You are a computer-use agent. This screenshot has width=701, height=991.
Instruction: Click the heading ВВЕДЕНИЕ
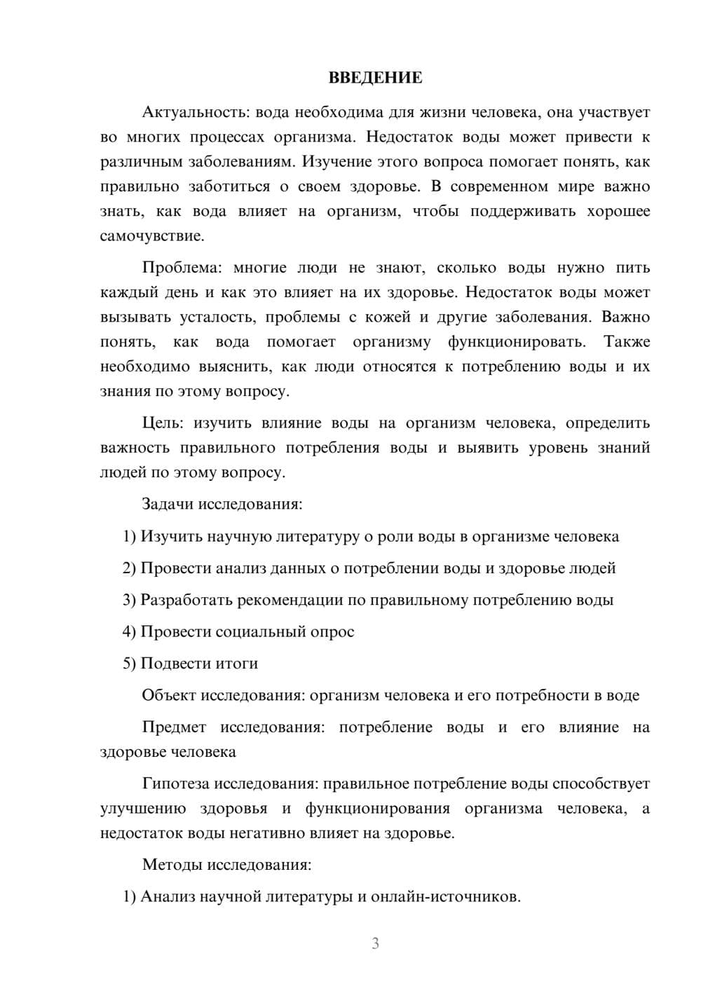pos(375,78)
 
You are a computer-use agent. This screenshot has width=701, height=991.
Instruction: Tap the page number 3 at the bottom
pos(375,943)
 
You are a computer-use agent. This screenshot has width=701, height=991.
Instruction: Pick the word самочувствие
pos(152,236)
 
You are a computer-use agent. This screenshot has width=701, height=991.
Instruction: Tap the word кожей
pos(388,317)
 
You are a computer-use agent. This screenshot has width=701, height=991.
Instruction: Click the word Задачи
pos(168,505)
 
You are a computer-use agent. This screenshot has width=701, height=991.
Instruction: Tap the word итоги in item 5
pos(237,664)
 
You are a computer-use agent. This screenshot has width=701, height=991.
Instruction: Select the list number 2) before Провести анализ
pos(129,568)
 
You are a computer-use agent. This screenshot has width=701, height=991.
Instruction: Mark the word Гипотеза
pos(175,784)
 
